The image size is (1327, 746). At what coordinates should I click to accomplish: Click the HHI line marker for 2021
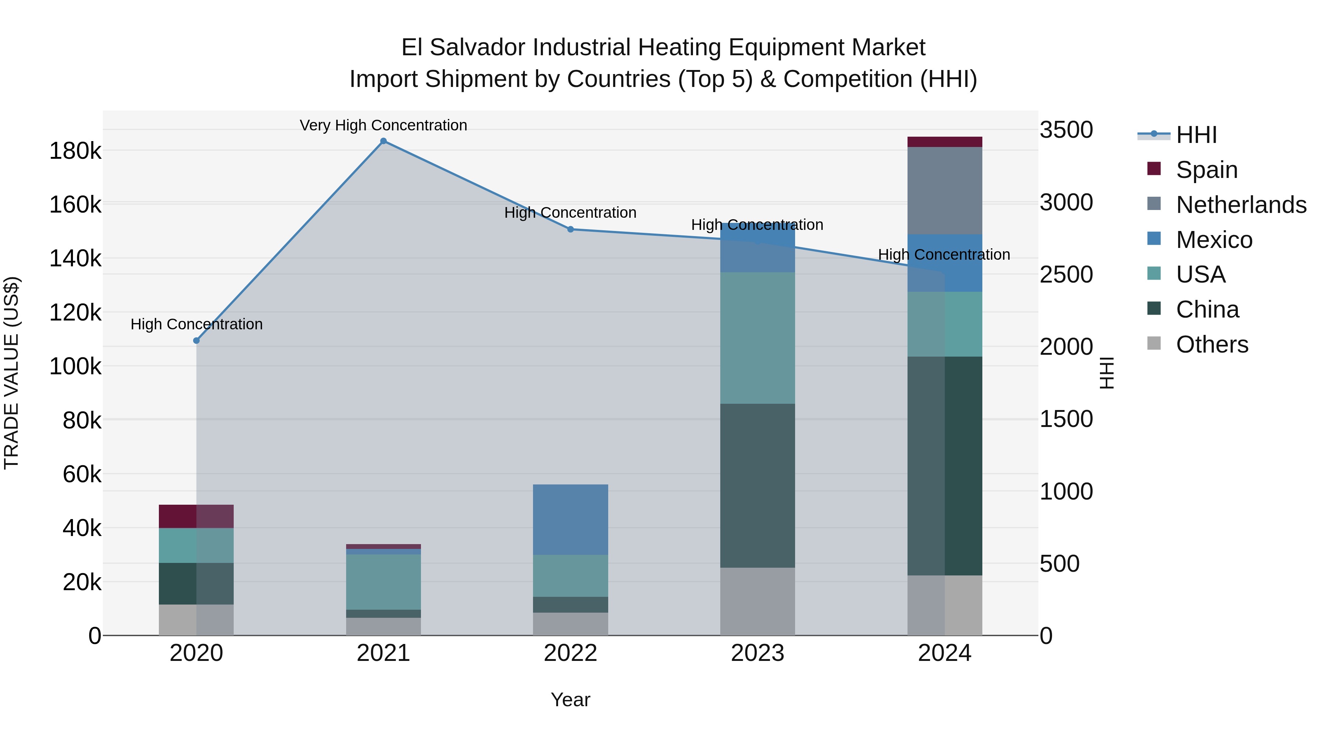coord(383,141)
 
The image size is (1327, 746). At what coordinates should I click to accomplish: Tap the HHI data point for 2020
coord(196,340)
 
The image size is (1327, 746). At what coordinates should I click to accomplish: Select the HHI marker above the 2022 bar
coord(570,229)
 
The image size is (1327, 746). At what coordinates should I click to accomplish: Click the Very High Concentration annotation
coord(383,125)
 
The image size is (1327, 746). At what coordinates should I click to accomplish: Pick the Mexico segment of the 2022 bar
coord(570,519)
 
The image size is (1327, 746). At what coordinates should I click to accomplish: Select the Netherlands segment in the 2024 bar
coord(944,190)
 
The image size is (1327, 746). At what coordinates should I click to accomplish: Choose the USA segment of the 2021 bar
coord(383,582)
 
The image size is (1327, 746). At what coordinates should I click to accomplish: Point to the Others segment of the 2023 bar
coord(757,601)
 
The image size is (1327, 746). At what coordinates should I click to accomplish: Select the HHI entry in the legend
coord(1196,135)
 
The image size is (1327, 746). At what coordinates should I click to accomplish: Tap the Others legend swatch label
coord(1212,344)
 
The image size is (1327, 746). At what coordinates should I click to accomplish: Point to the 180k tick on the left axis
coord(75,151)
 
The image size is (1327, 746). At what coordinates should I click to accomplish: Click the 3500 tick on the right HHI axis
coord(1065,130)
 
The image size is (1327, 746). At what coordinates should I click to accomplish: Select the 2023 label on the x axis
coord(757,653)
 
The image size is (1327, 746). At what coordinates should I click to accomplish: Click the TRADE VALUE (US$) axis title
coord(11,373)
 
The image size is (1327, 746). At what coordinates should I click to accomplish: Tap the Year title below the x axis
coord(570,700)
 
